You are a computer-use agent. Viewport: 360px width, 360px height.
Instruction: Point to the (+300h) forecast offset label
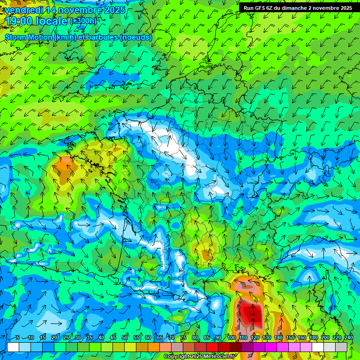(83, 21)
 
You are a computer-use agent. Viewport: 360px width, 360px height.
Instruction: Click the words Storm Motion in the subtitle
(28, 37)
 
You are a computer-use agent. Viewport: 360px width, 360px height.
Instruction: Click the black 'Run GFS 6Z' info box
(298, 8)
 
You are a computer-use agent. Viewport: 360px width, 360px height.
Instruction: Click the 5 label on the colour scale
(17, 337)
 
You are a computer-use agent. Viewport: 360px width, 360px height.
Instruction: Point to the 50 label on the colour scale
(125, 337)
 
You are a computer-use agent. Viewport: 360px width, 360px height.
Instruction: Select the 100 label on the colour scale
(232, 337)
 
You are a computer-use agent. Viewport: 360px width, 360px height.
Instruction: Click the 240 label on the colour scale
(348, 337)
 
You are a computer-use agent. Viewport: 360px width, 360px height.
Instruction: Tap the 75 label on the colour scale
(183, 337)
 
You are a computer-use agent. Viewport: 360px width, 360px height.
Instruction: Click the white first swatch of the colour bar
(13, 347)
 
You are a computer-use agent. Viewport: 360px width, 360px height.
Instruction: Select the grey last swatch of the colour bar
(342, 347)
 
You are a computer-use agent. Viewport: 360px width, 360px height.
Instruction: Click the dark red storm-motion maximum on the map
(249, 312)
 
